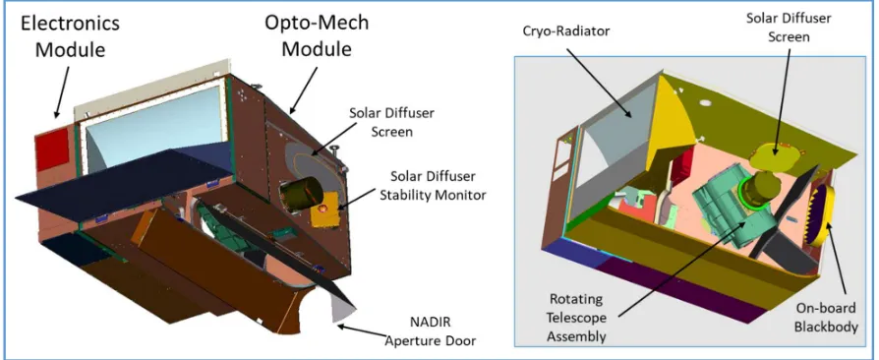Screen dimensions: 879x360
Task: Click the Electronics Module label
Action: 70,36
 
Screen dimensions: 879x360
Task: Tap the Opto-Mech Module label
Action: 317,34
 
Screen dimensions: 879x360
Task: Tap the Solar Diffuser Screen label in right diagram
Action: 788,27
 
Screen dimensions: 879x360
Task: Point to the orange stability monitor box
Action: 324,211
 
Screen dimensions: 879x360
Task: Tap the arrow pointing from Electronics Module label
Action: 62,91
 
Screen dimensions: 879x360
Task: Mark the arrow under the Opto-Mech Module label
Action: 304,90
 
